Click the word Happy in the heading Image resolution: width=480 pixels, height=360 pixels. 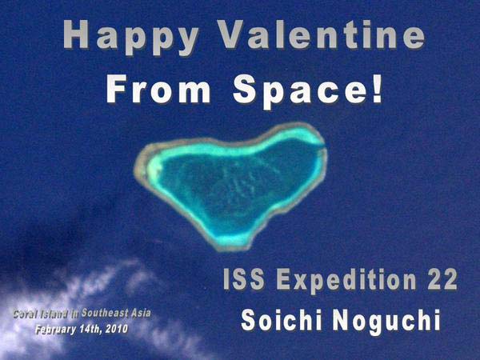[x=131, y=37]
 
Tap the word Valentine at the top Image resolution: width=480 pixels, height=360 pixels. [x=322, y=34]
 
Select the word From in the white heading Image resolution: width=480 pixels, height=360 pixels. [x=158, y=89]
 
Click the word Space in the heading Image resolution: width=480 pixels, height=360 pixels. [x=300, y=91]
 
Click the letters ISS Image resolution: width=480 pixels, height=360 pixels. [x=244, y=279]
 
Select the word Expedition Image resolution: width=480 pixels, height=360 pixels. [x=346, y=281]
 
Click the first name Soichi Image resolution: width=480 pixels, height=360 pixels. [x=282, y=320]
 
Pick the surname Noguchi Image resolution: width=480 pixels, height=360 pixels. [x=386, y=322]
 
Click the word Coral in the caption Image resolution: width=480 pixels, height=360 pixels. [x=24, y=314]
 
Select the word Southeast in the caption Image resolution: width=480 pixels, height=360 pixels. [x=105, y=313]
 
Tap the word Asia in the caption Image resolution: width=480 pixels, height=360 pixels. [x=141, y=313]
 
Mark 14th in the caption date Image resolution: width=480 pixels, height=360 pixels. [x=90, y=329]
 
